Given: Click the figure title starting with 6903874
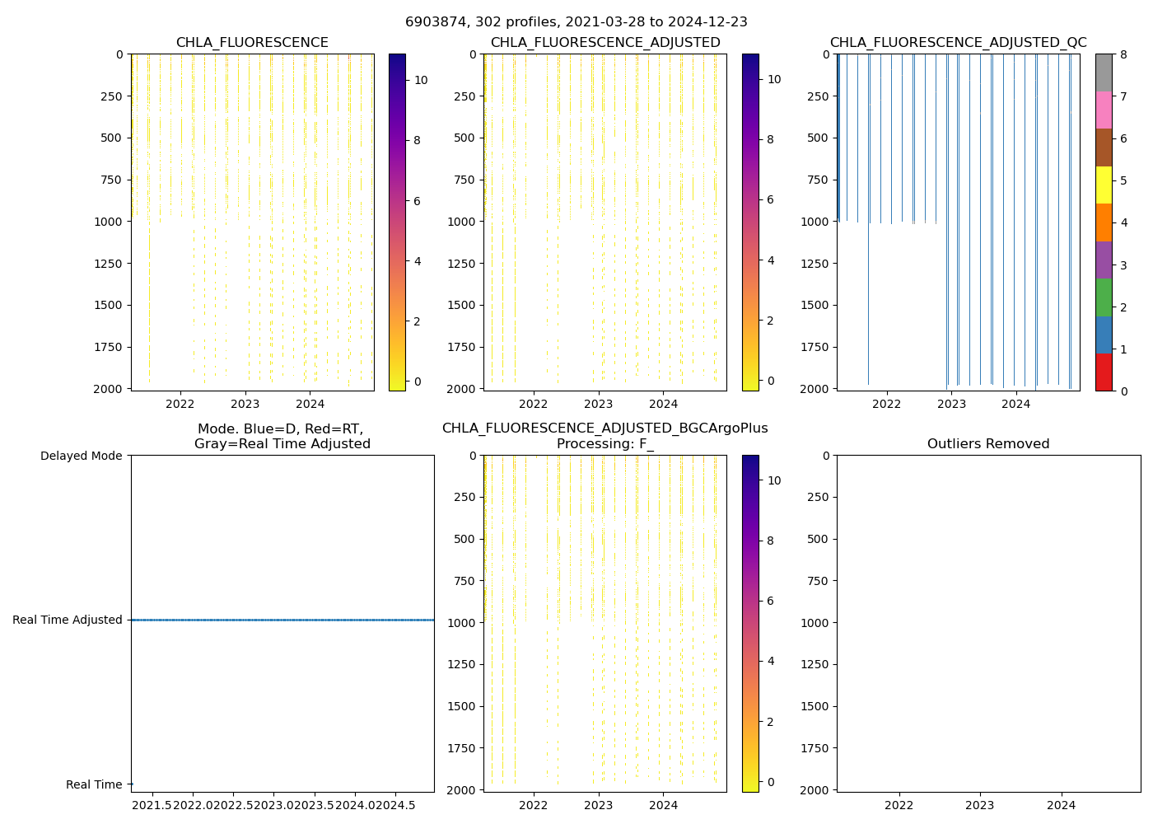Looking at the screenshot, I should click(576, 22).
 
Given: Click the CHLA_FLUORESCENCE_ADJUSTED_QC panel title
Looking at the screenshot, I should click(958, 43).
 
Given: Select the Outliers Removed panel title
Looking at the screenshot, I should click(988, 444).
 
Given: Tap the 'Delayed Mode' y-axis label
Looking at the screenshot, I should click(81, 456).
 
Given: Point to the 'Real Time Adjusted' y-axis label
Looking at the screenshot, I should click(68, 620).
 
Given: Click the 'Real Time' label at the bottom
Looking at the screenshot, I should click(94, 784).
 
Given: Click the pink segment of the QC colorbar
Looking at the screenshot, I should click(1104, 110).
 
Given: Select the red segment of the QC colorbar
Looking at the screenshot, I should click(1104, 372).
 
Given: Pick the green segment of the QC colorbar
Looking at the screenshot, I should click(1104, 297).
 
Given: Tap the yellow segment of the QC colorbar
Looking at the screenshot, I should click(1104, 185).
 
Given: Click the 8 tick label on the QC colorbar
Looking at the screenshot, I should click(1123, 54).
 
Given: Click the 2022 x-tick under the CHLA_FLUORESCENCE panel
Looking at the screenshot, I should click(180, 404).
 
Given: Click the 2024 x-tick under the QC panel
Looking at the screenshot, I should click(1016, 404).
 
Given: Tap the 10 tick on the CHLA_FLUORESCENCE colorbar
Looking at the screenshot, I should click(421, 80).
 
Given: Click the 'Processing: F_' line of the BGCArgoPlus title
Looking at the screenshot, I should click(605, 444).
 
